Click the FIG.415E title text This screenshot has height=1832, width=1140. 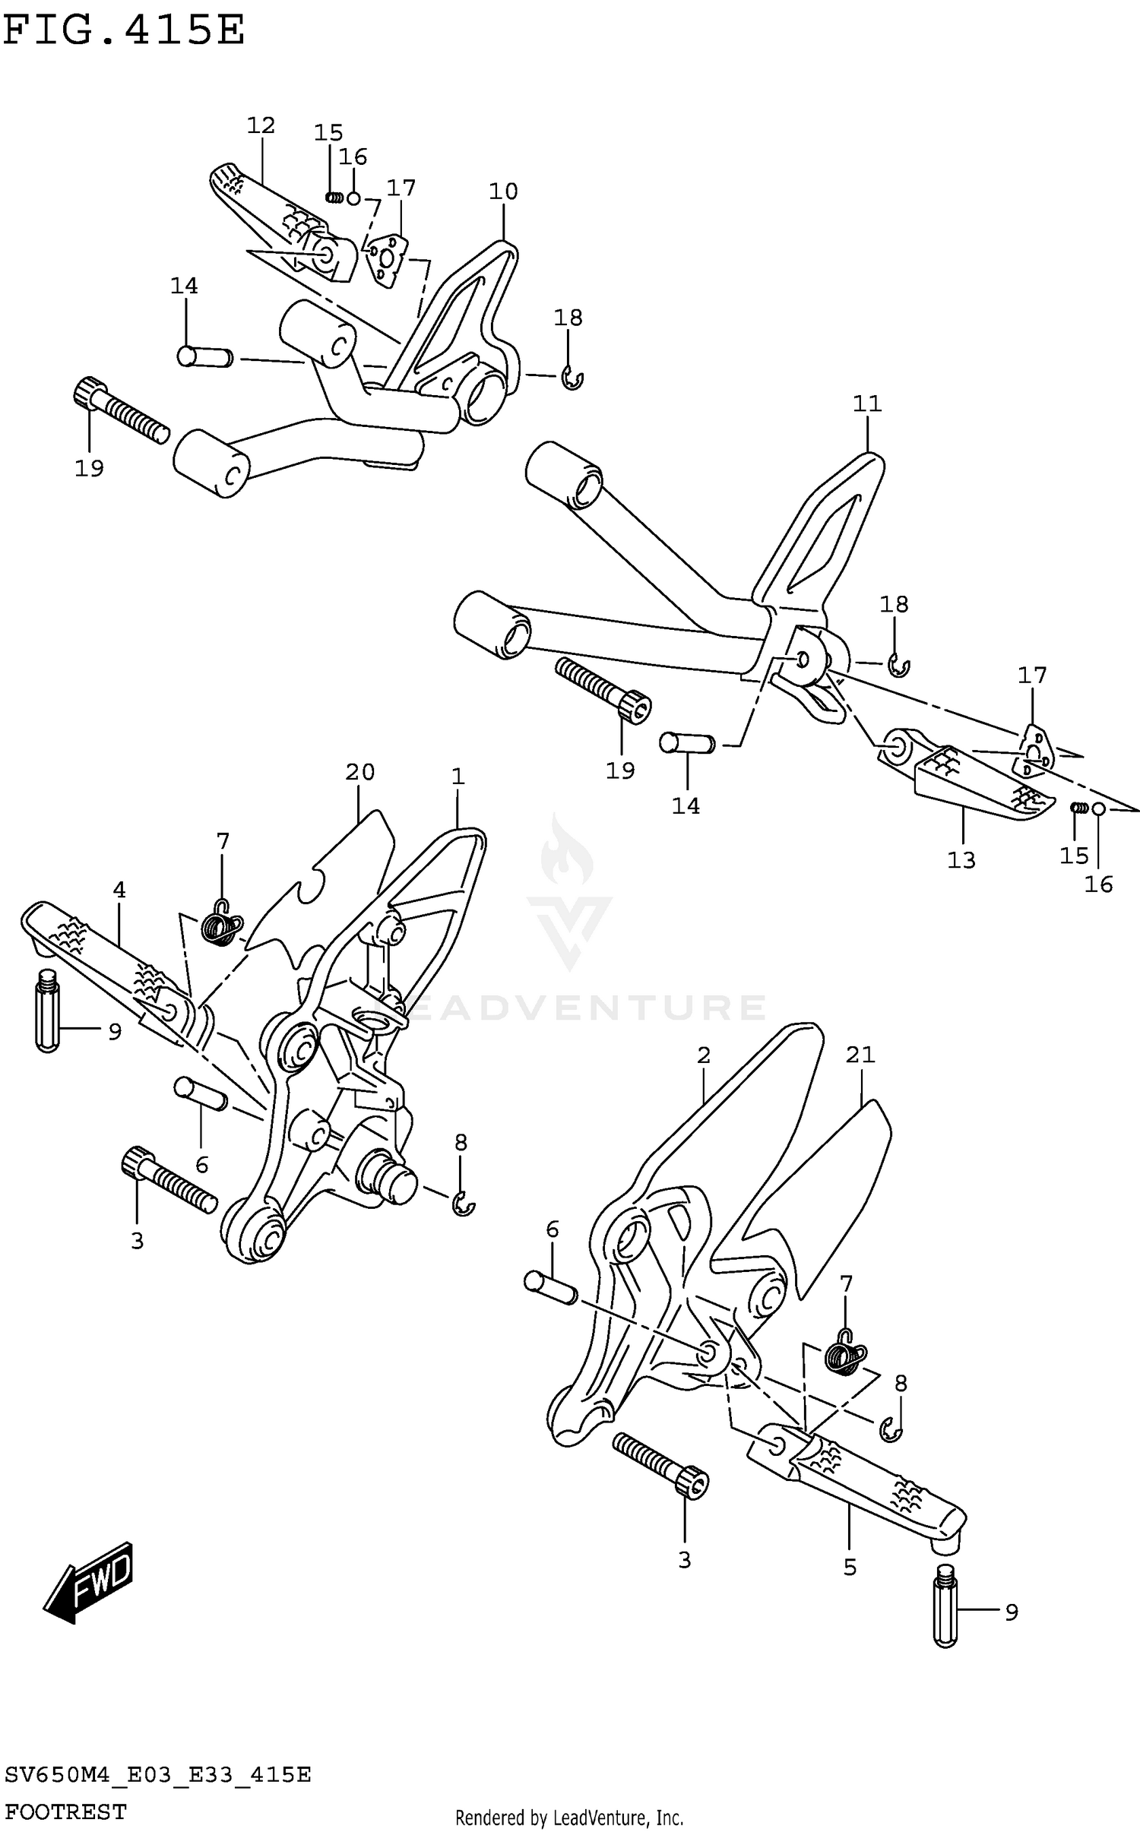(124, 31)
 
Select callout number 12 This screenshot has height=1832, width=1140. (261, 125)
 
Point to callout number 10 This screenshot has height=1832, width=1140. (503, 191)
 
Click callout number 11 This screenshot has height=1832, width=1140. (867, 403)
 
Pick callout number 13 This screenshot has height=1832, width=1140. (961, 860)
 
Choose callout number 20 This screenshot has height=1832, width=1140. (360, 772)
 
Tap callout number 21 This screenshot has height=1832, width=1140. (860, 1055)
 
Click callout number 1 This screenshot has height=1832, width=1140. (458, 777)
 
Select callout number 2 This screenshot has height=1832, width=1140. (703, 1055)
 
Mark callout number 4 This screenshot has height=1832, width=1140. (119, 890)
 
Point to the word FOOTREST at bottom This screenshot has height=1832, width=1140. (66, 1811)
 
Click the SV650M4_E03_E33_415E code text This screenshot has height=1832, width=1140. (158, 1775)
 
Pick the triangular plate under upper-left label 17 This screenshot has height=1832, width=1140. (385, 258)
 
